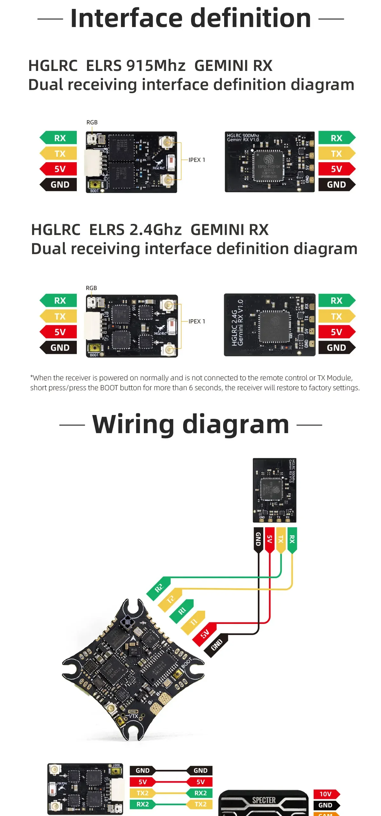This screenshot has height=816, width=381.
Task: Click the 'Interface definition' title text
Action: tap(190, 18)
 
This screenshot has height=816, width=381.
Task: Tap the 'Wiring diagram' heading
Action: tap(190, 424)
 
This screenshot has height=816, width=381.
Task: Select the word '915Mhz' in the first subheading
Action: tap(156, 66)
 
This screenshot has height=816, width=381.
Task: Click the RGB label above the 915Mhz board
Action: tap(92, 122)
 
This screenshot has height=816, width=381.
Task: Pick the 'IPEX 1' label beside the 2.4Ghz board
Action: tap(197, 322)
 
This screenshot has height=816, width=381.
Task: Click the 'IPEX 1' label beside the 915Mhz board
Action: tap(197, 160)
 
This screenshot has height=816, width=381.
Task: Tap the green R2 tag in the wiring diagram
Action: tap(159, 588)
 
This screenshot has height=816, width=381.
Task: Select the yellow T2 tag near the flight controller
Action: tap(170, 599)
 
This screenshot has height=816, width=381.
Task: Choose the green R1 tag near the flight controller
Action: tap(182, 611)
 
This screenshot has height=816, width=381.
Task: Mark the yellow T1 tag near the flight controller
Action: tap(193, 622)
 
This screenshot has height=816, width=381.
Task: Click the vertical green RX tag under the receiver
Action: tap(292, 539)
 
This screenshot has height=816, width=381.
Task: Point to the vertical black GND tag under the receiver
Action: tap(258, 539)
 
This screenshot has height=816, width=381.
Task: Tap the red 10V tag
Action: tap(326, 794)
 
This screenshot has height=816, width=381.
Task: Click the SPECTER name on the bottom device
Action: tap(264, 800)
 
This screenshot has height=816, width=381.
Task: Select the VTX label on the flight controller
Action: tap(133, 716)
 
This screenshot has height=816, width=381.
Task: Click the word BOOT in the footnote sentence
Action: tap(109, 388)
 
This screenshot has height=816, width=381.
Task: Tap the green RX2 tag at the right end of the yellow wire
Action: tap(200, 793)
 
